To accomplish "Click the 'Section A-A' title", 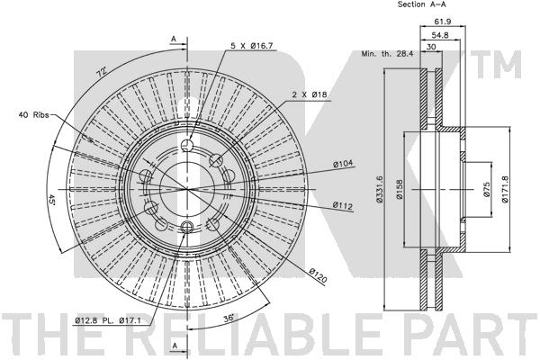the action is pos(421,4).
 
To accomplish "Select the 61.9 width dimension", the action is pos(443,22).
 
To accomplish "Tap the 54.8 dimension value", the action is pos(440,35).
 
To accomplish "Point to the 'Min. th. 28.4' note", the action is pos(387,54).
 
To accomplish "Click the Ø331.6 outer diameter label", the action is pos(379,189).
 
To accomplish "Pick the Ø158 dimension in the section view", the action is pos(400,189).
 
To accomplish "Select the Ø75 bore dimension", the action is pos(486,189).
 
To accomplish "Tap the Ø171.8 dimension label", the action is pos(505,189).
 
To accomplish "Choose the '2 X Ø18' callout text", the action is pos(310,94).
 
